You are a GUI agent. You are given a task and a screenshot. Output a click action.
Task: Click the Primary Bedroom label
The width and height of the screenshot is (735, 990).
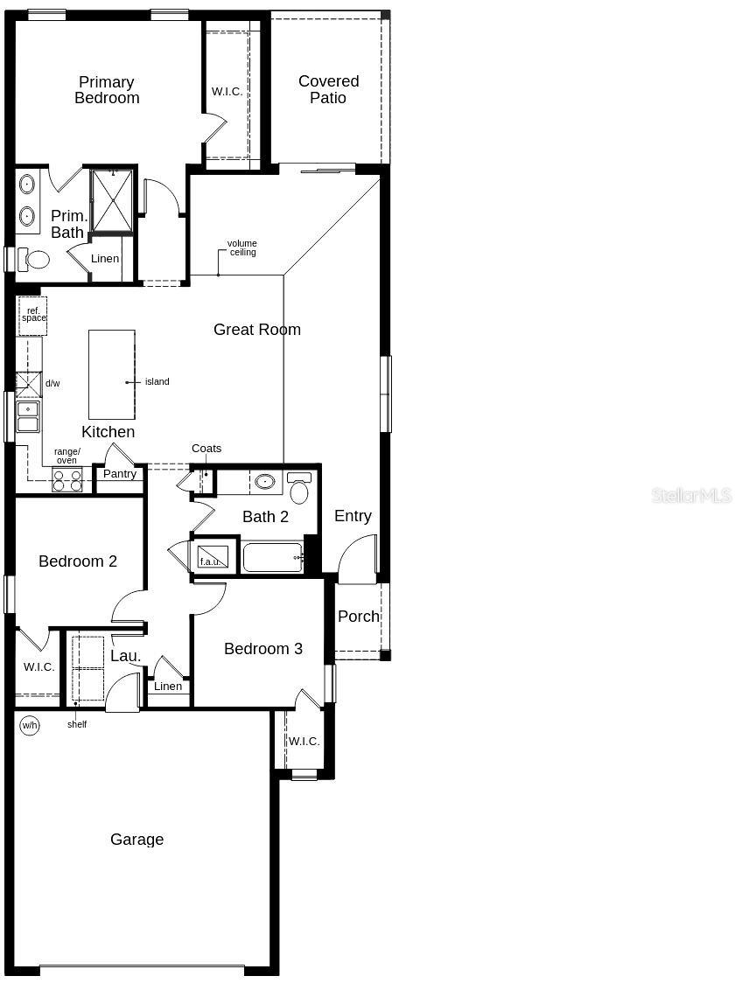click(x=106, y=90)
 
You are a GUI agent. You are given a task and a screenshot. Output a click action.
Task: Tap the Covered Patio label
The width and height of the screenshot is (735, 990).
click(x=328, y=89)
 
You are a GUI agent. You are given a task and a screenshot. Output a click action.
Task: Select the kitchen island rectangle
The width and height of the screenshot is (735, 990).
click(x=112, y=374)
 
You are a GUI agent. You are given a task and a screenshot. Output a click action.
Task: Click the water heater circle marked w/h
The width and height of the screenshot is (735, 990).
click(x=30, y=725)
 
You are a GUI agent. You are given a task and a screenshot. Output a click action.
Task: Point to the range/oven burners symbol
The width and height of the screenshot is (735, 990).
click(x=67, y=480)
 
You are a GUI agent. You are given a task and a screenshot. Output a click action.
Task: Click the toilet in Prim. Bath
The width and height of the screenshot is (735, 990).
click(x=38, y=260)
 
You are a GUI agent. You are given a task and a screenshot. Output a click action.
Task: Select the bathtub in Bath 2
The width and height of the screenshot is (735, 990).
click(x=273, y=557)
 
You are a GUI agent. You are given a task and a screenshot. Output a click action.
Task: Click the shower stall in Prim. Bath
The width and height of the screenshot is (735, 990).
click(x=112, y=200)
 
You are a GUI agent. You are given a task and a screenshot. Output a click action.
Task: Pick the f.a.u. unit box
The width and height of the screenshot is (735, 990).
click(x=213, y=556)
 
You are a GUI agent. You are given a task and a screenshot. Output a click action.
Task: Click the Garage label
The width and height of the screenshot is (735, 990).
click(x=136, y=840)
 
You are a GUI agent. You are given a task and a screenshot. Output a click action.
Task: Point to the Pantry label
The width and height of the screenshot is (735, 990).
click(x=120, y=474)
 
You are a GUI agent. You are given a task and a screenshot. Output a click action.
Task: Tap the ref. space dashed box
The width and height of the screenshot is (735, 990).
click(x=32, y=316)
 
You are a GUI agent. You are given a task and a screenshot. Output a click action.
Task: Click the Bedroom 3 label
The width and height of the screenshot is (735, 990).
click(x=262, y=648)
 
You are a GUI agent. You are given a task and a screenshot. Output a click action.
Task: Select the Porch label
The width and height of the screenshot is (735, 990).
click(x=359, y=616)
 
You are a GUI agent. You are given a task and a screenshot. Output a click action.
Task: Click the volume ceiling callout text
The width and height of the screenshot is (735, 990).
click(x=242, y=247)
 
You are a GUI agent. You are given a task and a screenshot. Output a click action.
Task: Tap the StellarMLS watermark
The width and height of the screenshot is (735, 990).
click(x=690, y=496)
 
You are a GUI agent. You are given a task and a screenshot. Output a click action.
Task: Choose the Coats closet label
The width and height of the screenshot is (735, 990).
click(x=206, y=449)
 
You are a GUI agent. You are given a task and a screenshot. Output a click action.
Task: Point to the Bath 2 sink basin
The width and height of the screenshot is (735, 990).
click(x=264, y=481)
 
